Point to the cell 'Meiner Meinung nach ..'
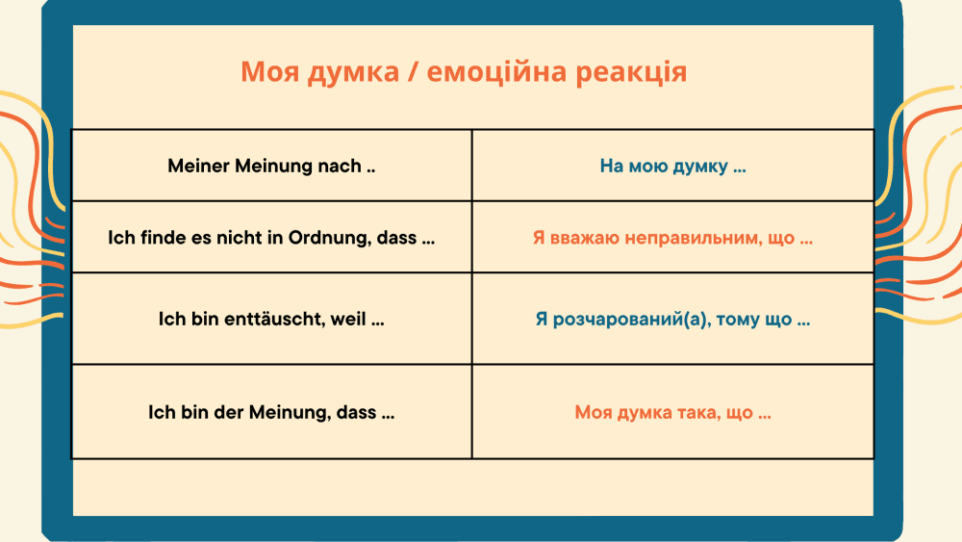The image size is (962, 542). (x=272, y=166)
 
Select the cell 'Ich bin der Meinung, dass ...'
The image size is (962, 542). (x=272, y=412)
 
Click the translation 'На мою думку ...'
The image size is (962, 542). (x=673, y=167)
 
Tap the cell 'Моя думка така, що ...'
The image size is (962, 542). (x=673, y=412)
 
